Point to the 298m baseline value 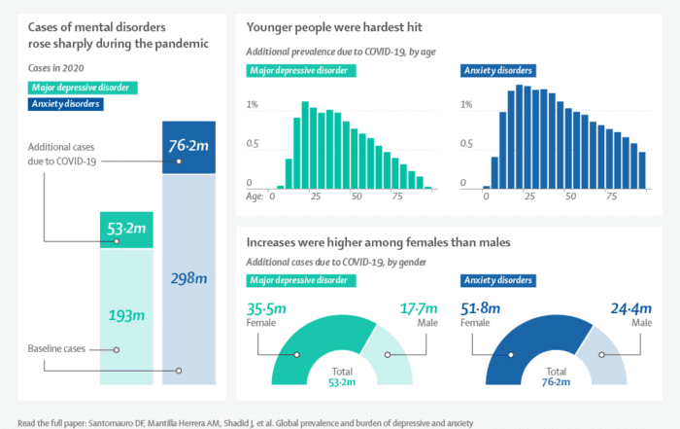(x=188, y=279)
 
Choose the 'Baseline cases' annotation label (x=57, y=348)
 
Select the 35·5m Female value (x=268, y=309)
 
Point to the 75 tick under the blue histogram (x=612, y=196)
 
